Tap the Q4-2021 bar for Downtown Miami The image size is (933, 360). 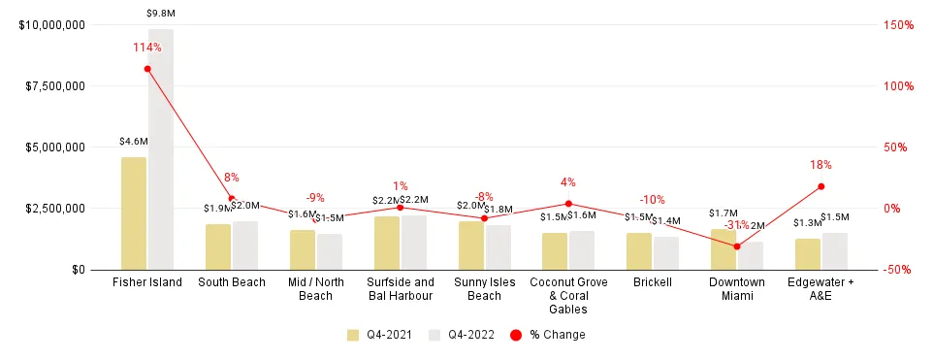click(724, 249)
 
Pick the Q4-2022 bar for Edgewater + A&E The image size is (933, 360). click(835, 251)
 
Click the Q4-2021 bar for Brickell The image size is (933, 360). click(639, 251)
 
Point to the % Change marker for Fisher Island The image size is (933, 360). click(147, 69)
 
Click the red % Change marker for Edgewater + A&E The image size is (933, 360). click(820, 186)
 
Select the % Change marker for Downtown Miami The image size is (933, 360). click(737, 246)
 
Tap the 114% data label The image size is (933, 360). click(147, 47)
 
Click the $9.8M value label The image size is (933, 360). click(161, 13)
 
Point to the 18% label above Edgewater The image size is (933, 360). click(820, 165)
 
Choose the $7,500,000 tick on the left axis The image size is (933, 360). click(51, 86)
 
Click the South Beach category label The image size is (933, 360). click(231, 283)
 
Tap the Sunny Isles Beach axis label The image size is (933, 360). click(484, 289)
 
